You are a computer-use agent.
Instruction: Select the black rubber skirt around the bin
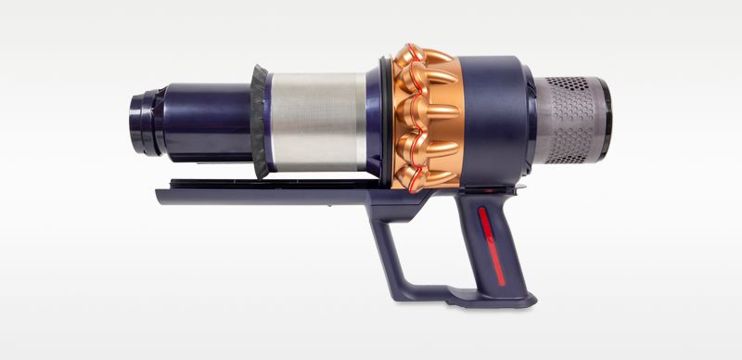tap(259, 121)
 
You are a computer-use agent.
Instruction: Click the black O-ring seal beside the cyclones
tap(381, 116)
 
